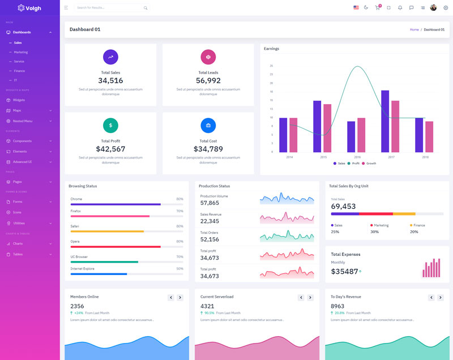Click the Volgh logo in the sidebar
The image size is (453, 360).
(x=29, y=8)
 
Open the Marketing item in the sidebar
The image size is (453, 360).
(x=20, y=52)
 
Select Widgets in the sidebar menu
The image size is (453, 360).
(x=19, y=100)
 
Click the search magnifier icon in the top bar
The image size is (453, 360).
(x=146, y=8)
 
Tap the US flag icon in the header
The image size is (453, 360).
(x=356, y=8)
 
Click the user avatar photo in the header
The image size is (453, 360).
(x=434, y=8)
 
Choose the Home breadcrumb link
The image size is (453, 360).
(x=414, y=29)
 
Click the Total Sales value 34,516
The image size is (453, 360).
(x=110, y=80)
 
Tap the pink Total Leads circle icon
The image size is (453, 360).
(x=208, y=57)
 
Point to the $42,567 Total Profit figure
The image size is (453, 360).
(x=110, y=149)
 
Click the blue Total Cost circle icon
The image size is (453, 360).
(x=208, y=125)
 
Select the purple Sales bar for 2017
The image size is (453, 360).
(x=385, y=121)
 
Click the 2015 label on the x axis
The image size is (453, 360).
(x=323, y=157)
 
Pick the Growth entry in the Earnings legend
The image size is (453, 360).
(x=371, y=163)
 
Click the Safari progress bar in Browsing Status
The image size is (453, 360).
(x=108, y=231)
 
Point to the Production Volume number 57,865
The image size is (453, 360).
(x=210, y=203)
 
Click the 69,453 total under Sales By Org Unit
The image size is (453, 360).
(x=343, y=206)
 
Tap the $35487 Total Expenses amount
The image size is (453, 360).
(x=344, y=272)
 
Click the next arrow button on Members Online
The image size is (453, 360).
(x=180, y=297)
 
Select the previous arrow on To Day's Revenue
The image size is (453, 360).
(x=431, y=297)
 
